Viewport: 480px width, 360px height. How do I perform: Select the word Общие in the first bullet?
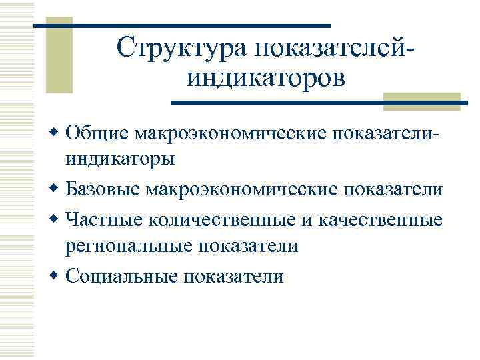point(97,133)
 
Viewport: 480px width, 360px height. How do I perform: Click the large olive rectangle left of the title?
point(59,57)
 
